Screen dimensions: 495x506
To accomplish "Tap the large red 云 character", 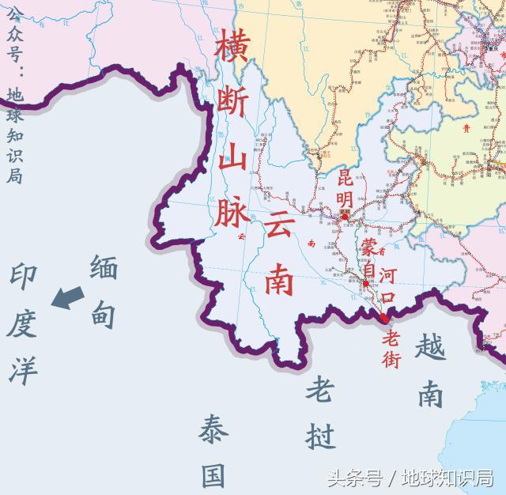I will tap(278, 228).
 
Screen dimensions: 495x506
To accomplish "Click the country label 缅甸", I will tap(104, 292).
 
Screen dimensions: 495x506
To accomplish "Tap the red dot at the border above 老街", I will tap(383, 318).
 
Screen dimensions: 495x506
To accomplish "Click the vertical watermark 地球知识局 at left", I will tap(14, 134).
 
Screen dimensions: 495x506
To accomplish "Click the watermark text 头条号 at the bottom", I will tap(353, 478).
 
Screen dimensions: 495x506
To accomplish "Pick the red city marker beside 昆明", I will tap(345, 211).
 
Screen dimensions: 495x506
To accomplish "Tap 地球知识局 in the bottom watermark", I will tap(447, 478).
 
